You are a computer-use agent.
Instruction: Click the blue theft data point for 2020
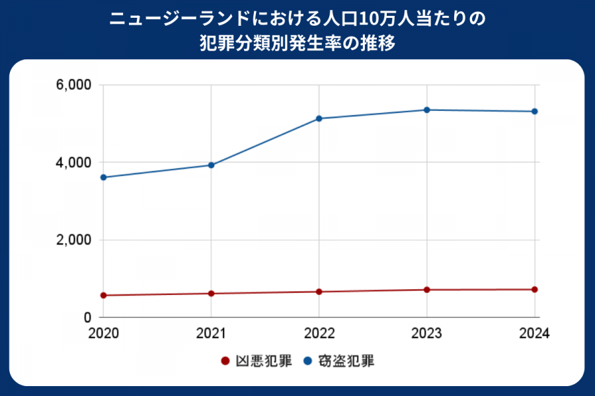click(104, 177)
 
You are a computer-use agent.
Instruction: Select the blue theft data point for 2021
click(212, 165)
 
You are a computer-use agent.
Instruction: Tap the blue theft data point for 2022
click(319, 118)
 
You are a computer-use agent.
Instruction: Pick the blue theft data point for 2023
click(427, 110)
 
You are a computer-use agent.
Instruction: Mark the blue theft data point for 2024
click(534, 112)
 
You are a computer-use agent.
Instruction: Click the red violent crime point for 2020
click(104, 295)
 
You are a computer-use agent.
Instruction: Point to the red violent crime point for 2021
click(212, 293)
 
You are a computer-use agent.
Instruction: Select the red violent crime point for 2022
click(319, 292)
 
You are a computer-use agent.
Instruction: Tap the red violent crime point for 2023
click(427, 290)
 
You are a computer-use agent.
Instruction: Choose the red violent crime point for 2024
click(534, 290)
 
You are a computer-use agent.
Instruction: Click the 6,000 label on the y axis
click(73, 85)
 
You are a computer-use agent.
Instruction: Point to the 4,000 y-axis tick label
click(73, 162)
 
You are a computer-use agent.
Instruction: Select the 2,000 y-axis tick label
click(73, 240)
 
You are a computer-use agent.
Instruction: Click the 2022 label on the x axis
click(319, 333)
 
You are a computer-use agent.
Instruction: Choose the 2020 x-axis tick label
click(104, 333)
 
